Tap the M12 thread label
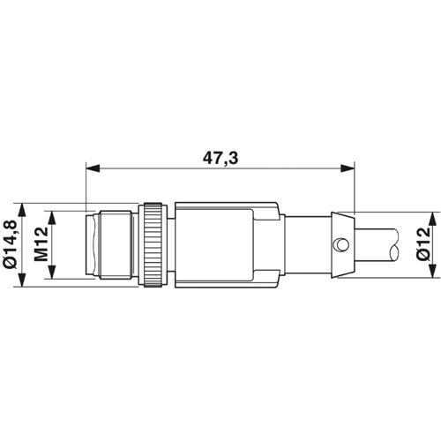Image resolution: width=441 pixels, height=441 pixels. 41,243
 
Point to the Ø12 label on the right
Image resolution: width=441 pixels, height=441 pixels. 423,243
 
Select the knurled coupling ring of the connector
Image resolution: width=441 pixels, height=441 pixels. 153,243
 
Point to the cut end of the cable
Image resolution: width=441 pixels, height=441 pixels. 401,243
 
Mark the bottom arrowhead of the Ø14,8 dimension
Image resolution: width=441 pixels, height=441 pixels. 26,275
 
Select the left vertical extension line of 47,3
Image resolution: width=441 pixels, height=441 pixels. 86,185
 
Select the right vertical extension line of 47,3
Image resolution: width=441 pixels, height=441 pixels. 353,185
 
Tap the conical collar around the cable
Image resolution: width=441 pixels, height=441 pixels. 342,243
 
